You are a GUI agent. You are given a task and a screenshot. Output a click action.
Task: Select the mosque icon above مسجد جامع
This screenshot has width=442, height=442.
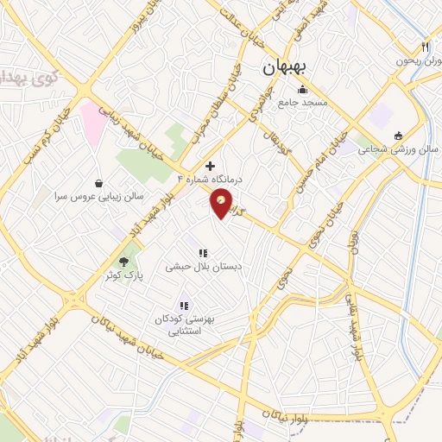(x=302, y=89)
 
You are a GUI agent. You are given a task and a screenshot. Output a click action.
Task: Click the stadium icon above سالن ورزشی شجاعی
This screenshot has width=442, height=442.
(x=398, y=136)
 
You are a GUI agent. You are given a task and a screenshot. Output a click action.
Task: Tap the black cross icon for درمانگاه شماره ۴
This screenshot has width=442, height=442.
(x=210, y=165)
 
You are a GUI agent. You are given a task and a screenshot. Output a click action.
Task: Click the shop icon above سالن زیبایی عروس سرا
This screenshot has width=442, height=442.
(x=101, y=183)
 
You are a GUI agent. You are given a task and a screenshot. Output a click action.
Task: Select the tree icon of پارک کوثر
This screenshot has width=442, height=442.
(x=124, y=260)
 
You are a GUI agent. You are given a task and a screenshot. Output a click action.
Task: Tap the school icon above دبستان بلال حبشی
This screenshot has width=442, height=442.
(x=203, y=253)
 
